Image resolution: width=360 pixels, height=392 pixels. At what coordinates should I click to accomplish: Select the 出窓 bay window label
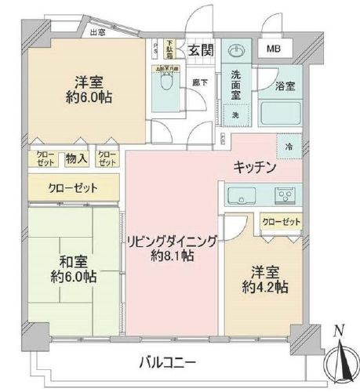point(97,32)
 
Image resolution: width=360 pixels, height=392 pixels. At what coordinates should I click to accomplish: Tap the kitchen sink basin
point(238,194)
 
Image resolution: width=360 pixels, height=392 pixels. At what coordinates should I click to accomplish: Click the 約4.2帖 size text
point(264,288)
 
